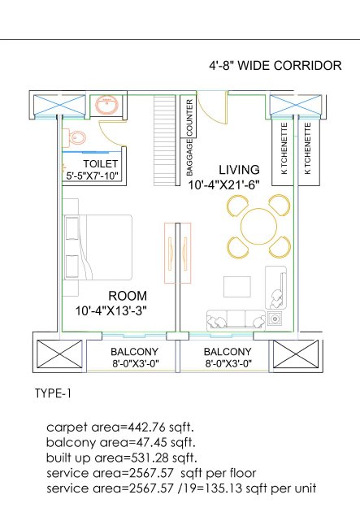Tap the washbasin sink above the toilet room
(x=106, y=105)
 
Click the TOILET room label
(x=101, y=163)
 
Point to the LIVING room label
(x=239, y=170)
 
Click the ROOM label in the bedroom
(x=128, y=296)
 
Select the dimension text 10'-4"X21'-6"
(x=223, y=185)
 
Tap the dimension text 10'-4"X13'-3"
(x=111, y=311)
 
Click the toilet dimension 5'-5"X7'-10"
(x=93, y=176)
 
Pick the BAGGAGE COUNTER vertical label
(x=189, y=137)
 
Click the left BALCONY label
(x=134, y=352)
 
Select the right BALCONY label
(x=228, y=352)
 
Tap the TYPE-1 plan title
(x=53, y=393)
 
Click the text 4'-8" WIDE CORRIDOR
(x=275, y=65)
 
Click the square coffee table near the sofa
(x=237, y=287)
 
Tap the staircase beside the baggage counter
(x=165, y=141)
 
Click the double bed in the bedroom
(x=98, y=247)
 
